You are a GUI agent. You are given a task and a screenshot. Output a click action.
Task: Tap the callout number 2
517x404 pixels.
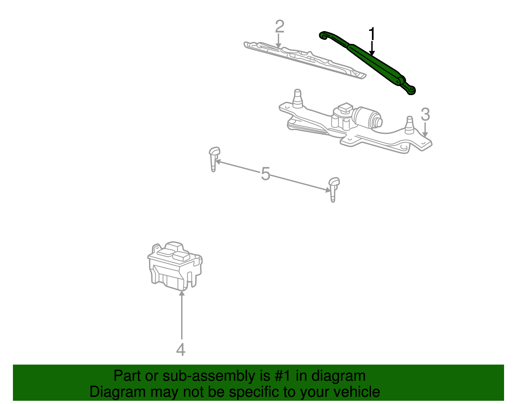click(280, 27)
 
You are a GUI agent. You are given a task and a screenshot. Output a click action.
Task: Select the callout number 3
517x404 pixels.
click(425, 115)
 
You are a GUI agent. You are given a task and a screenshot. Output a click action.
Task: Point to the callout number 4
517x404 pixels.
click(181, 350)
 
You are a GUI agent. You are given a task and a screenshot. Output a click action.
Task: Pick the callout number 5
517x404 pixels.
click(265, 174)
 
